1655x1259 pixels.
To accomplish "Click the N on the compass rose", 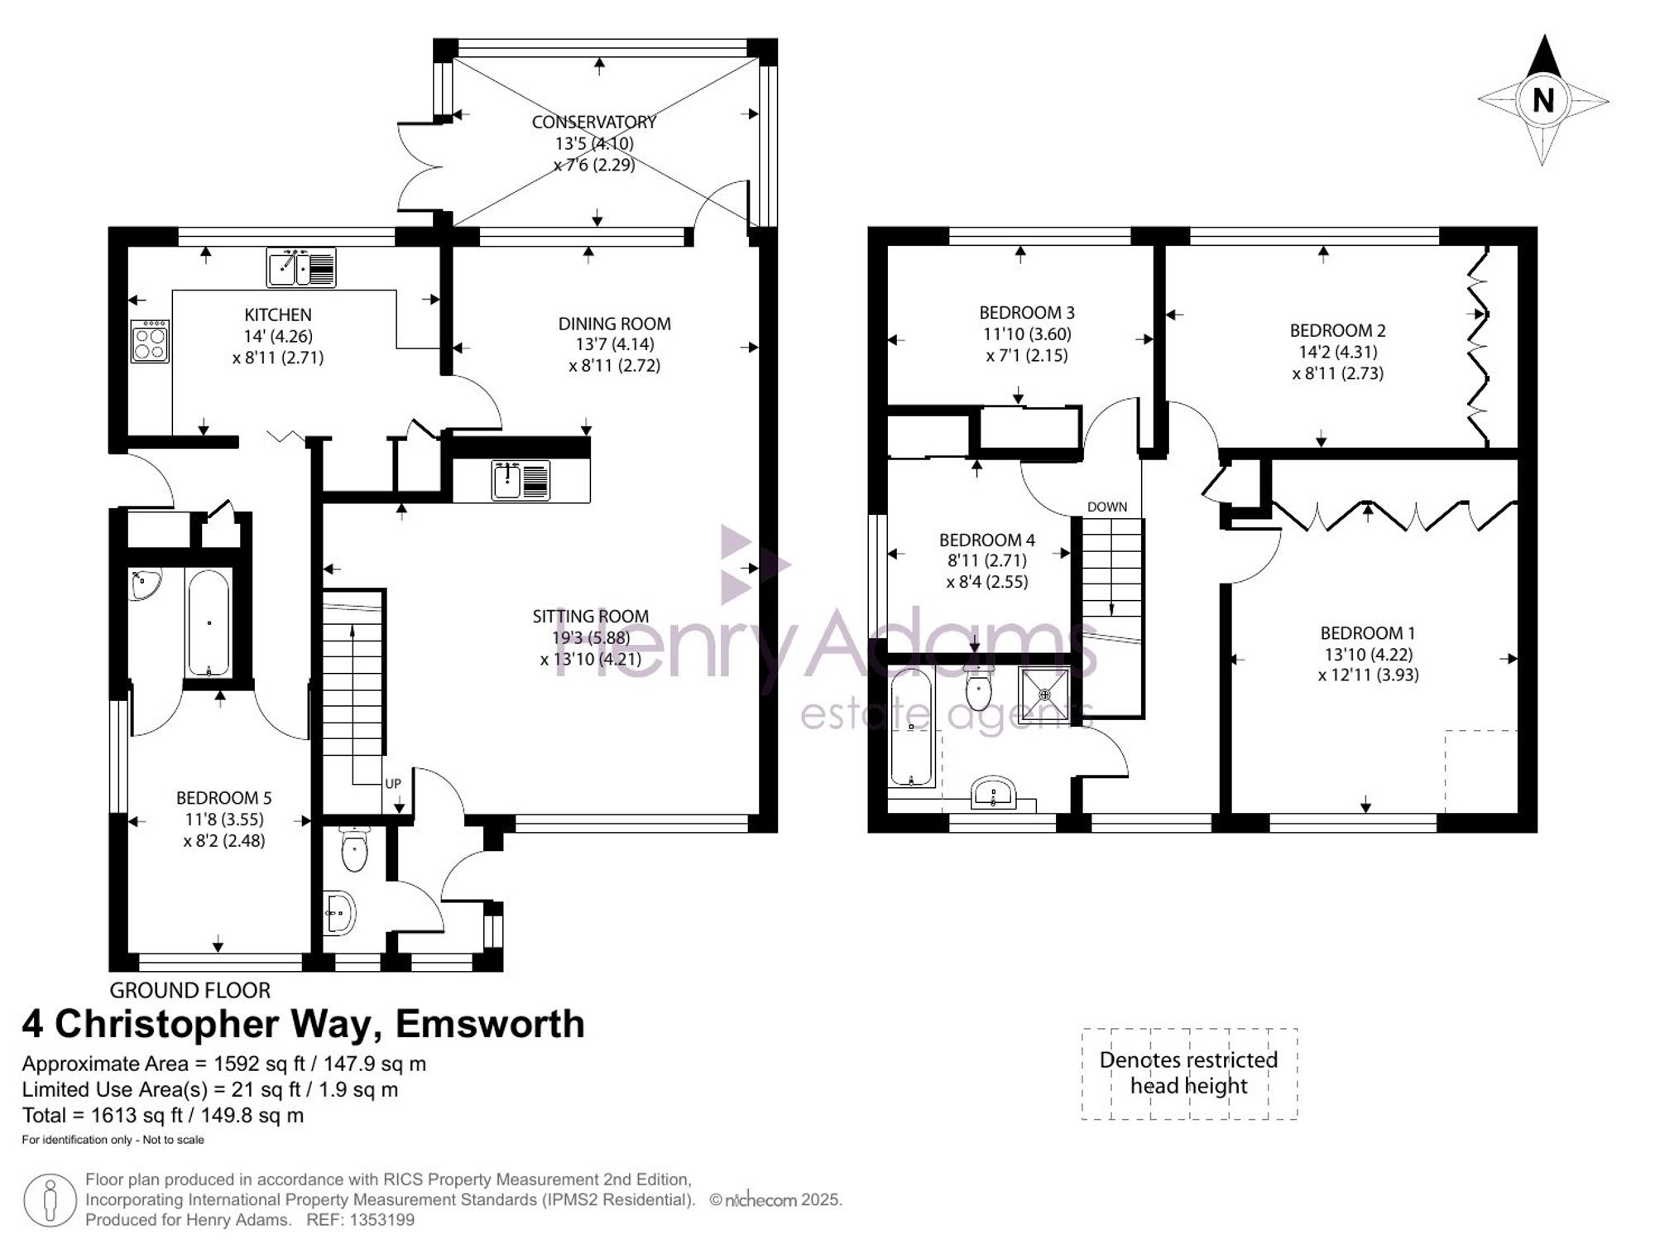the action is (x=1542, y=100).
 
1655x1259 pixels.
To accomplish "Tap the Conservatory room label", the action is (x=594, y=122).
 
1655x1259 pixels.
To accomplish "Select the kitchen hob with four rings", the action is (x=150, y=341).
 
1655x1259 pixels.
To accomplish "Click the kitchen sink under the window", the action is (x=301, y=267).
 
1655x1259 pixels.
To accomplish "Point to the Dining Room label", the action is (x=615, y=324).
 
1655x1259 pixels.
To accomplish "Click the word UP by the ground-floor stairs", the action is (x=393, y=783).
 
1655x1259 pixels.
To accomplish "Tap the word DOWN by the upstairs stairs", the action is (x=1107, y=507).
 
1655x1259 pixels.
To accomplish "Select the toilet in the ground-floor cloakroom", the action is (x=354, y=849).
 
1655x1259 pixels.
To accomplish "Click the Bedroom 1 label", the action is (x=1368, y=633).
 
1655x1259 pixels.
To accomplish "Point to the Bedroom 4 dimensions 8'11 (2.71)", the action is (x=987, y=560).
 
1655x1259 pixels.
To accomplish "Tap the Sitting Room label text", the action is (x=591, y=616).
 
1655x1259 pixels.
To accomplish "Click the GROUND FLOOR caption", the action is (x=190, y=990).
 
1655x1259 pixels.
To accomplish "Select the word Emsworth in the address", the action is (x=490, y=1024).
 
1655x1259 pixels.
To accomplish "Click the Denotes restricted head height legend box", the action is (x=1189, y=1074).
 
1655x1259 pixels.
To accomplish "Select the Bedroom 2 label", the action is (x=1338, y=330).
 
